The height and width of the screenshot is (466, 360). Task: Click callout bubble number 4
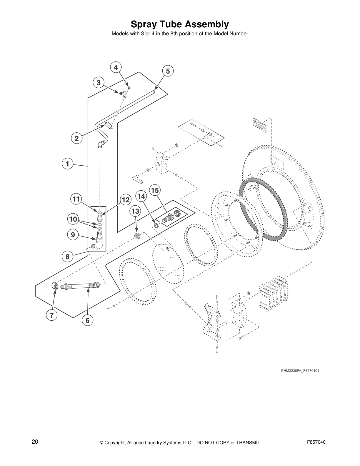tap(116, 67)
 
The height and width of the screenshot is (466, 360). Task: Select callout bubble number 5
tap(168, 71)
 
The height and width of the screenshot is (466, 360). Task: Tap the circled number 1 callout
tap(67, 164)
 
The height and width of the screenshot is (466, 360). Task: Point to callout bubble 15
tap(155, 190)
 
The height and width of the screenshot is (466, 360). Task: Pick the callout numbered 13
tap(135, 211)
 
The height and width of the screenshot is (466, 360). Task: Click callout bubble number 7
tap(51, 315)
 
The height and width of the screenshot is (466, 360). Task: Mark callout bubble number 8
tap(67, 257)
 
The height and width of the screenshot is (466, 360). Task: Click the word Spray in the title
tap(143, 24)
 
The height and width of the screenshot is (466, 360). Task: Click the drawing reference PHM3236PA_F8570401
tap(300, 370)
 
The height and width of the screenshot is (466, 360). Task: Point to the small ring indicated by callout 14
tap(156, 226)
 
